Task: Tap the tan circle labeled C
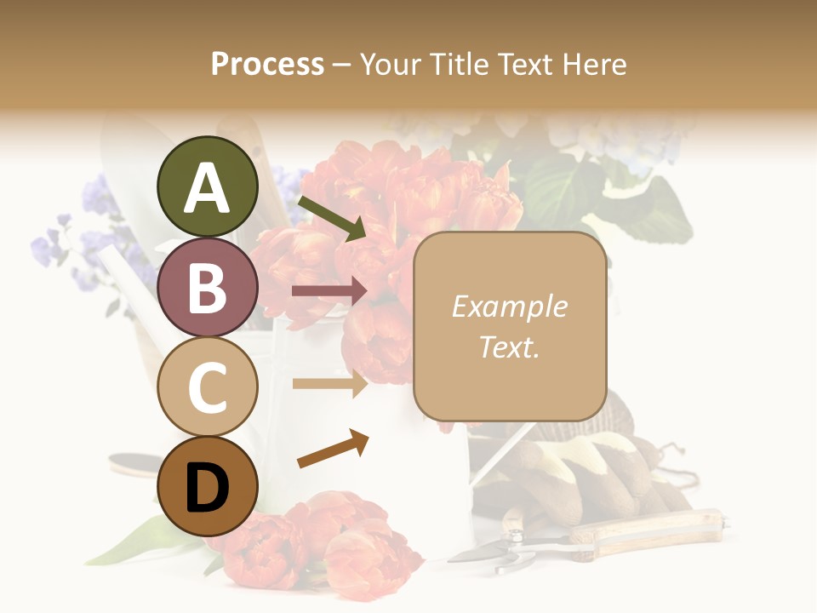(208, 387)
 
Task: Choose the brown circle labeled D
(208, 486)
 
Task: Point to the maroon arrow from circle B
(329, 291)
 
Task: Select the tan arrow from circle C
(329, 383)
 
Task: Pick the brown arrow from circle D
(333, 449)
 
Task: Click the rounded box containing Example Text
(510, 326)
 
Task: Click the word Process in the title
(267, 64)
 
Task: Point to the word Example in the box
(509, 306)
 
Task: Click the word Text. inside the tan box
(509, 347)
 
